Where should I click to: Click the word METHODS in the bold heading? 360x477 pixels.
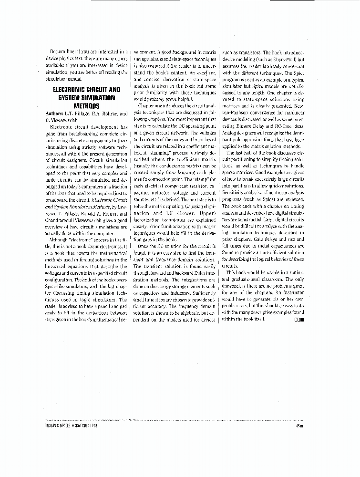tap(86, 105)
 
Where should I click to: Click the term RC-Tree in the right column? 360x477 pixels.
tap(285, 125)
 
